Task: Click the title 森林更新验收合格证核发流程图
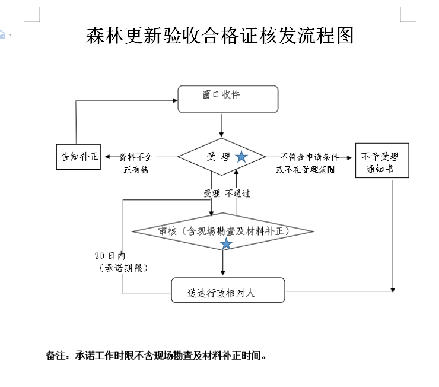220,36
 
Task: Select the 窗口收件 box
228,99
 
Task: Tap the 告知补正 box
78,157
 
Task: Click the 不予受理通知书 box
382,160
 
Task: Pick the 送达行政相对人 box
228,290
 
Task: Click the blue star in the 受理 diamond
241,157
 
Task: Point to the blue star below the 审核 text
226,243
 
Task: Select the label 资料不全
136,157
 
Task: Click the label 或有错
136,169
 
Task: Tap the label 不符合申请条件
309,157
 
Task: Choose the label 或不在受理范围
306,169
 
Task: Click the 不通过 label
237,193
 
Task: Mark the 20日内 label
110,256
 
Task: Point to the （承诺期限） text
123,268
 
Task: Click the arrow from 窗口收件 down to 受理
221,125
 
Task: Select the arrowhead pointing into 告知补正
107,157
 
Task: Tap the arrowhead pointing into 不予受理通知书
349,158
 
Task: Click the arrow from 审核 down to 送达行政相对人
223,263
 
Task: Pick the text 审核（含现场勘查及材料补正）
224,231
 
